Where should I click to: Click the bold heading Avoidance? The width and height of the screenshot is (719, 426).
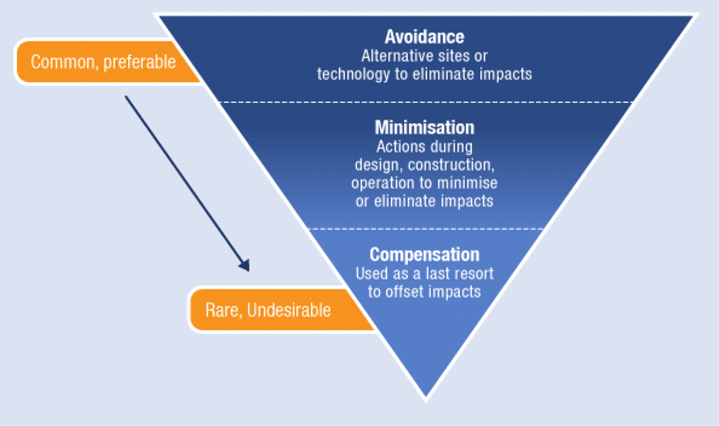click(x=424, y=37)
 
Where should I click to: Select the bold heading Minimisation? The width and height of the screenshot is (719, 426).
click(x=424, y=128)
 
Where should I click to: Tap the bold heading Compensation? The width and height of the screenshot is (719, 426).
click(x=424, y=255)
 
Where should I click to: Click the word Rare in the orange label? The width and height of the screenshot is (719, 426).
click(x=223, y=310)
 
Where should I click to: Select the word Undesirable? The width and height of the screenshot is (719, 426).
click(x=289, y=310)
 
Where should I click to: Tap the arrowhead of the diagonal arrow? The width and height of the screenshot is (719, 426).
click(x=244, y=265)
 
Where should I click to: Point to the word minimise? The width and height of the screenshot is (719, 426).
click(x=468, y=182)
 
